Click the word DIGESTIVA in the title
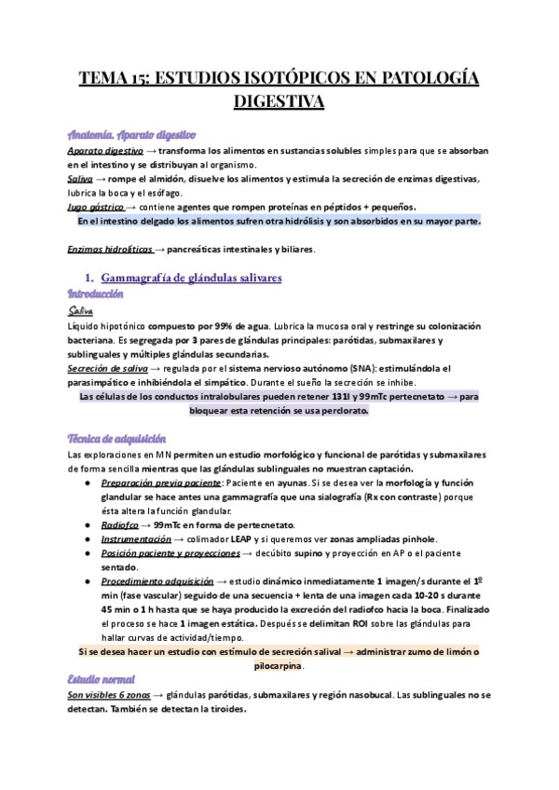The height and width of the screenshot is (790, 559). pyautogui.click(x=279, y=100)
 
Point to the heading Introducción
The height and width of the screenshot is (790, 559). pyautogui.click(x=96, y=293)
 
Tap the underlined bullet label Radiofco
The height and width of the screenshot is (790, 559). pyautogui.click(x=120, y=524)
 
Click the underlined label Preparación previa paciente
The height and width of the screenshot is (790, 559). pyautogui.click(x=162, y=483)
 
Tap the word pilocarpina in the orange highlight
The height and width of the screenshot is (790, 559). pyautogui.click(x=279, y=666)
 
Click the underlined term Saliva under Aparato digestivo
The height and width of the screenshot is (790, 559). pyautogui.click(x=80, y=178)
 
